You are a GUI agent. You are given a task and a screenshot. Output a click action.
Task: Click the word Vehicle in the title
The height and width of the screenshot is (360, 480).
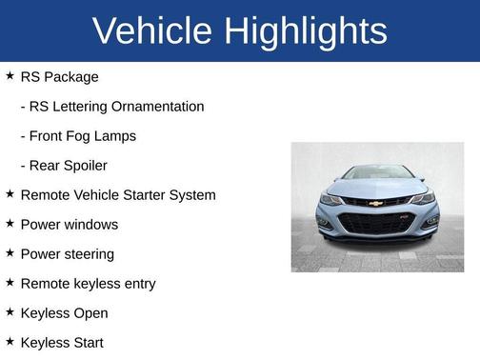click(x=152, y=31)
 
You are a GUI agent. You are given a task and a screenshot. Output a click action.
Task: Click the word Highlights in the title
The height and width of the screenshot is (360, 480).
click(x=308, y=31)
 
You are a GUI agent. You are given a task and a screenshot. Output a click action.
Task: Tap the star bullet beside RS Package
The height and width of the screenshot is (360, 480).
click(x=10, y=75)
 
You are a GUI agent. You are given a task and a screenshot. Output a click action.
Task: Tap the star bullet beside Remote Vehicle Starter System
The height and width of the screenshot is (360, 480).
click(x=10, y=193)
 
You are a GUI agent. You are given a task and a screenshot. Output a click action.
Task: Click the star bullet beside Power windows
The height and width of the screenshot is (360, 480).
click(x=10, y=223)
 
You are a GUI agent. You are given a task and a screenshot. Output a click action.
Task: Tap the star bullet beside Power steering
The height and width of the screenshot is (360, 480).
click(x=10, y=252)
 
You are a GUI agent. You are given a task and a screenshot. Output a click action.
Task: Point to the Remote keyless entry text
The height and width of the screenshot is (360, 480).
click(x=88, y=284)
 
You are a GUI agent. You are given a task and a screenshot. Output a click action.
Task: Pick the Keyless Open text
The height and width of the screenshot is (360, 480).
click(x=64, y=313)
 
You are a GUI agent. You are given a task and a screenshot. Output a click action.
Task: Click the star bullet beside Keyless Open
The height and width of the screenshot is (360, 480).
click(x=10, y=311)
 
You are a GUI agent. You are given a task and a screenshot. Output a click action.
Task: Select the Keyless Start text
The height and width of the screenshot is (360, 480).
click(x=62, y=343)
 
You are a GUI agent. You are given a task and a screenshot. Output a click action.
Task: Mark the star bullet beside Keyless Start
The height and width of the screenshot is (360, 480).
click(x=10, y=341)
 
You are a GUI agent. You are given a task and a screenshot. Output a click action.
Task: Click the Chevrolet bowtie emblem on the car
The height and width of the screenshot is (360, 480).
click(x=376, y=203)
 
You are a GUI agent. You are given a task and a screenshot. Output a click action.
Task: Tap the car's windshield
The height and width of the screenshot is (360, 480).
click(x=377, y=173)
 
